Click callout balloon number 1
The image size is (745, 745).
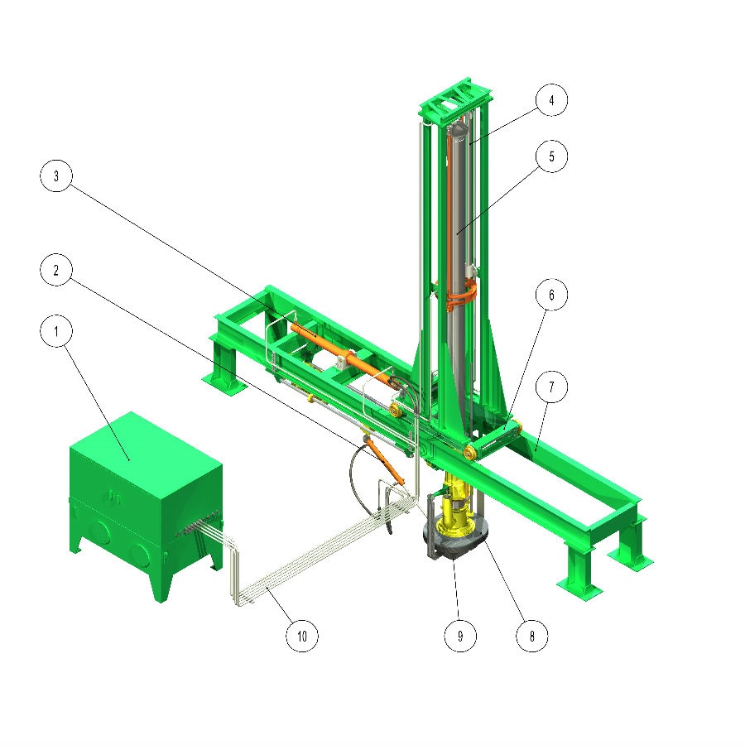coord(56,331)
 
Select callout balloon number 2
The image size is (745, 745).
coord(56,270)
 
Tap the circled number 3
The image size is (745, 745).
coord(56,175)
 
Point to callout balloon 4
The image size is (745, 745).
coord(551,100)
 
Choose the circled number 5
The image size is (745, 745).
coord(551,156)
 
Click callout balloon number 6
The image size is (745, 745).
coord(551,295)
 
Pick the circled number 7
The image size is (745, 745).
coord(551,387)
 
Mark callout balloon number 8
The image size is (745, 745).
coord(531,636)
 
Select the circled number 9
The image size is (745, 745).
coord(460,636)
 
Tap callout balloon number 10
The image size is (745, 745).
coord(301,636)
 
